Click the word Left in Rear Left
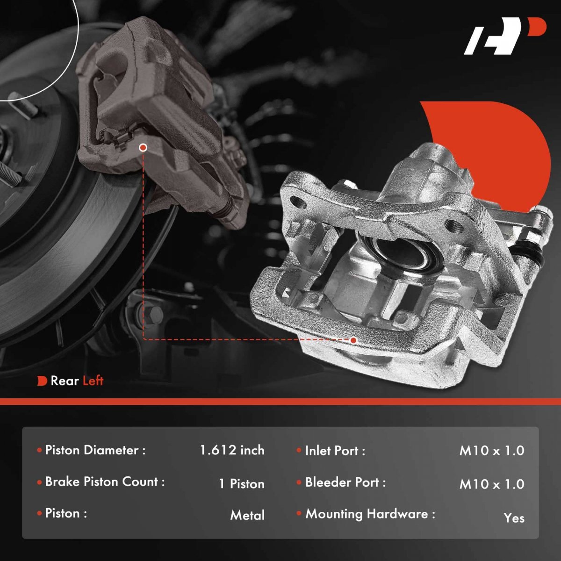click(x=93, y=381)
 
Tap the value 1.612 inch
click(x=232, y=450)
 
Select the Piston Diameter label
click(x=95, y=450)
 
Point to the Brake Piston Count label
click(x=105, y=482)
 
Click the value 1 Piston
click(x=242, y=484)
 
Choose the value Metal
click(x=247, y=515)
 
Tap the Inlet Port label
click(x=335, y=451)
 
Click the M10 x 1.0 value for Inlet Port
click(x=492, y=451)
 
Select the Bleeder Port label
click(x=345, y=482)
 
